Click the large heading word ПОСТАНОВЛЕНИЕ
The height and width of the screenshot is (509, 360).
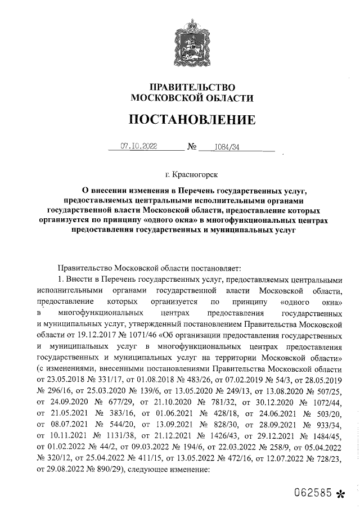pyautogui.click(x=192, y=120)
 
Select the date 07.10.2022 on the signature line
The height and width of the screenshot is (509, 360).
pyautogui.click(x=139, y=147)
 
